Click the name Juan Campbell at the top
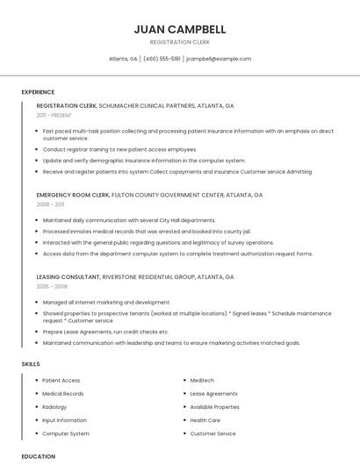pyautogui.click(x=179, y=29)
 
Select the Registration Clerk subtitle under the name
pyautogui.click(x=179, y=42)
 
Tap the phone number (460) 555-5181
pyautogui.click(x=162, y=59)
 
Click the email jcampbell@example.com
pyautogui.click(x=219, y=59)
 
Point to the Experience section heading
pyautogui.click(x=38, y=92)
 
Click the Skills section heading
pyautogui.click(x=31, y=363)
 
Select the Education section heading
pyautogui.click(x=38, y=456)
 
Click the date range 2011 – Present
pyautogui.click(x=54, y=115)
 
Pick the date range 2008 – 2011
pyautogui.click(x=50, y=204)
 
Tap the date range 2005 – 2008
pyautogui.click(x=52, y=286)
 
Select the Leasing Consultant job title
pyautogui.click(x=68, y=276)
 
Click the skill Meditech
pyautogui.click(x=202, y=381)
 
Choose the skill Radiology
pyautogui.click(x=54, y=407)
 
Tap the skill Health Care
pyautogui.click(x=205, y=420)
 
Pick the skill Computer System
pyautogui.click(x=66, y=433)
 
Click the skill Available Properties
pyautogui.click(x=214, y=407)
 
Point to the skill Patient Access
pyautogui.click(x=61, y=381)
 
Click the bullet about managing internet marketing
pyautogui.click(x=106, y=302)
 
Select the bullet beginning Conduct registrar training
pyautogui.click(x=119, y=150)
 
